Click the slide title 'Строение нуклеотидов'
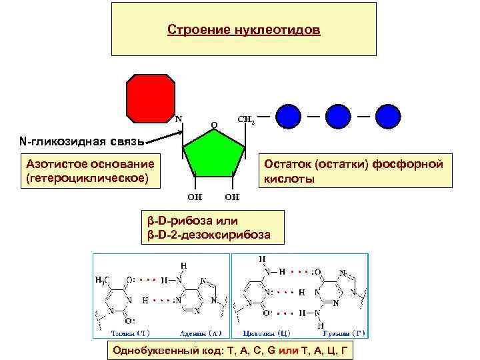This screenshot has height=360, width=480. click(243, 31)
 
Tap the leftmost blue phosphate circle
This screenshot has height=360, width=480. click(288, 115)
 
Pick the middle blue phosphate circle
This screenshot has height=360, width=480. click(338, 115)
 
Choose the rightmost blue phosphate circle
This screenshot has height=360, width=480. click(388, 115)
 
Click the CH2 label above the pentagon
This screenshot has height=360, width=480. click(245, 120)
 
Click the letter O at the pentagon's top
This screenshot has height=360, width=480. click(213, 125)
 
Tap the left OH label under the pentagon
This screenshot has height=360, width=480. click(195, 197)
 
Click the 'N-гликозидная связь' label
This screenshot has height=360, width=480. click(82, 141)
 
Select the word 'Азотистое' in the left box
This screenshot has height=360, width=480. click(53, 164)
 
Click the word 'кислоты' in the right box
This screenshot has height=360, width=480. click(290, 179)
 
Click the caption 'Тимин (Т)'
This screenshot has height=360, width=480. click(131, 333)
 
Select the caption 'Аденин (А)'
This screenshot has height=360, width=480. click(201, 333)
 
